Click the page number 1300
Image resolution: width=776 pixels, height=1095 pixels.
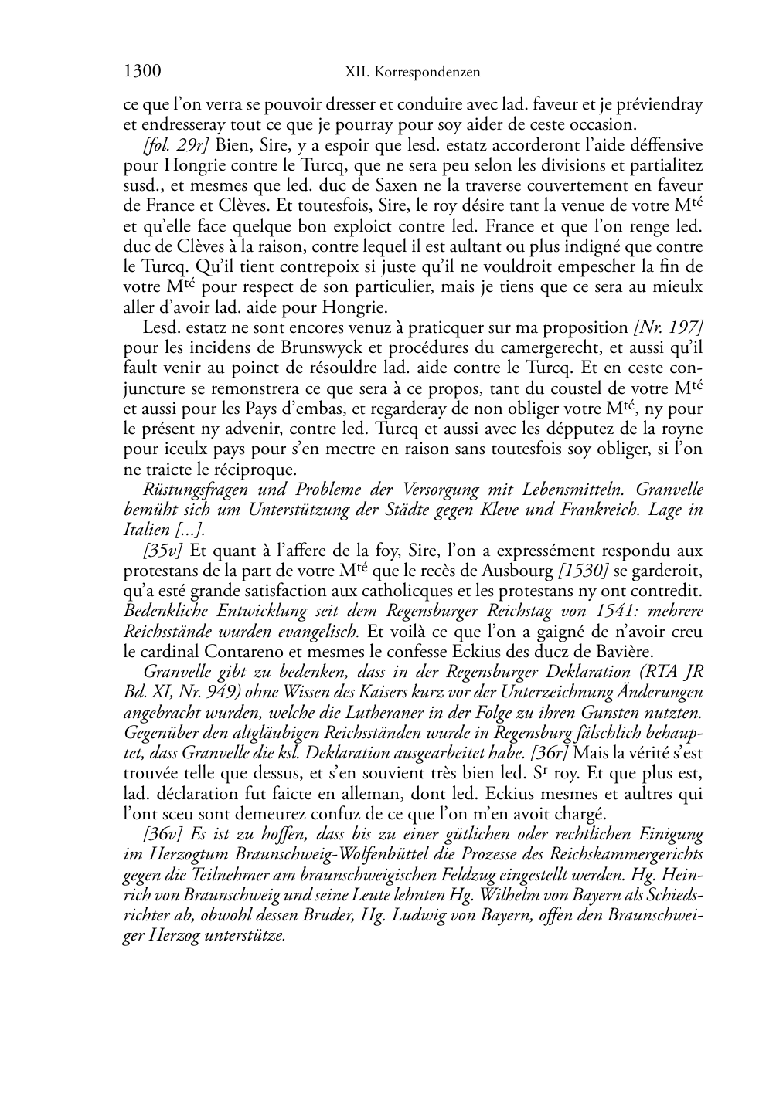tap(142, 72)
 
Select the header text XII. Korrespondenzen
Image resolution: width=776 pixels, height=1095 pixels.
tap(412, 73)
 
